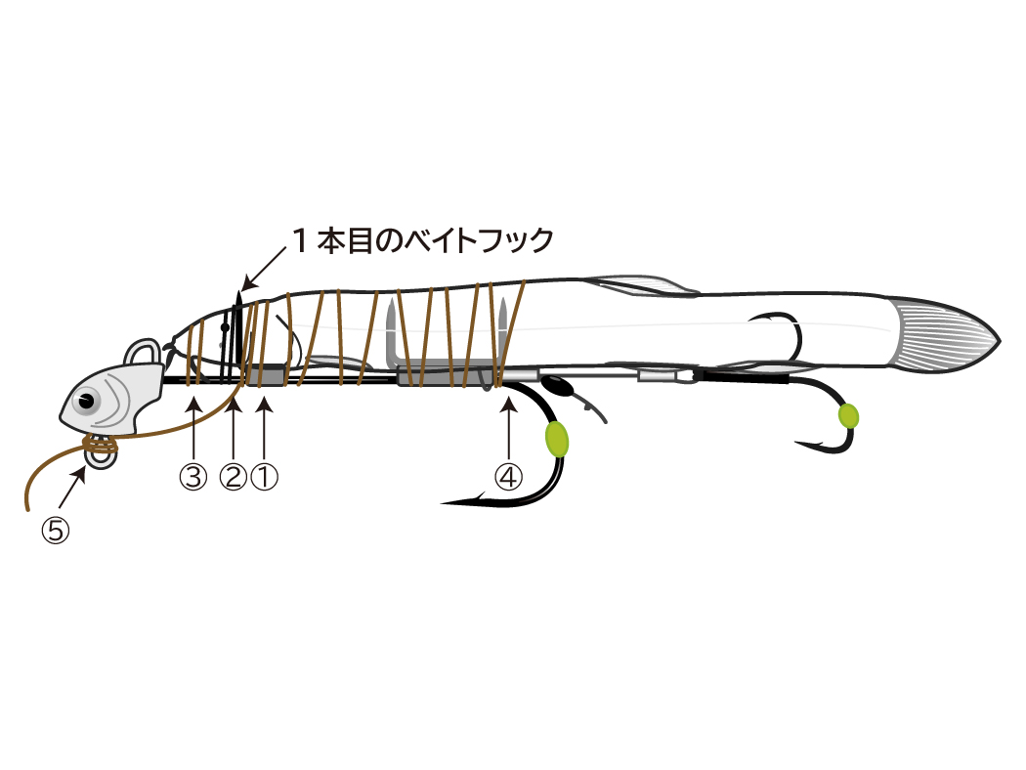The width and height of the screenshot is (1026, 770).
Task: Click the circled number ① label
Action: [265, 477]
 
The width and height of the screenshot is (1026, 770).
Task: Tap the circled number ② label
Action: [233, 477]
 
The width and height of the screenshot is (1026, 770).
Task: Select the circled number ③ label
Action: [193, 477]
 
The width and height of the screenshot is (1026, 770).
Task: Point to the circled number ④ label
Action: [508, 477]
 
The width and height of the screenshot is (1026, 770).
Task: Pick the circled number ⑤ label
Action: [56, 530]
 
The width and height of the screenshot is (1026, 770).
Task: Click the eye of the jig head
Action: [86, 401]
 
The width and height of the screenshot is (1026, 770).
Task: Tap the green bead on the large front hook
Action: [556, 439]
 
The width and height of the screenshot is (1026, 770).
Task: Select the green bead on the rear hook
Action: [848, 416]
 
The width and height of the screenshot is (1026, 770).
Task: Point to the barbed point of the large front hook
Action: [445, 503]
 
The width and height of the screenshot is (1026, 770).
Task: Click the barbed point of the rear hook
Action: [797, 443]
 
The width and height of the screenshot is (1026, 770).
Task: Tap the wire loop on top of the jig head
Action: [144, 354]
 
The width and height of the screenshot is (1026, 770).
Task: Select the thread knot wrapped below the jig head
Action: [100, 447]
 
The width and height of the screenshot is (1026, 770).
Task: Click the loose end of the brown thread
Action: [26, 509]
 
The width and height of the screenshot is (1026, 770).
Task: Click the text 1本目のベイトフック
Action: [423, 240]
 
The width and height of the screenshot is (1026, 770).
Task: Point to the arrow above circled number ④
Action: [508, 428]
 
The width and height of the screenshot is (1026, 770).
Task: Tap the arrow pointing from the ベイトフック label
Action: [264, 268]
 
